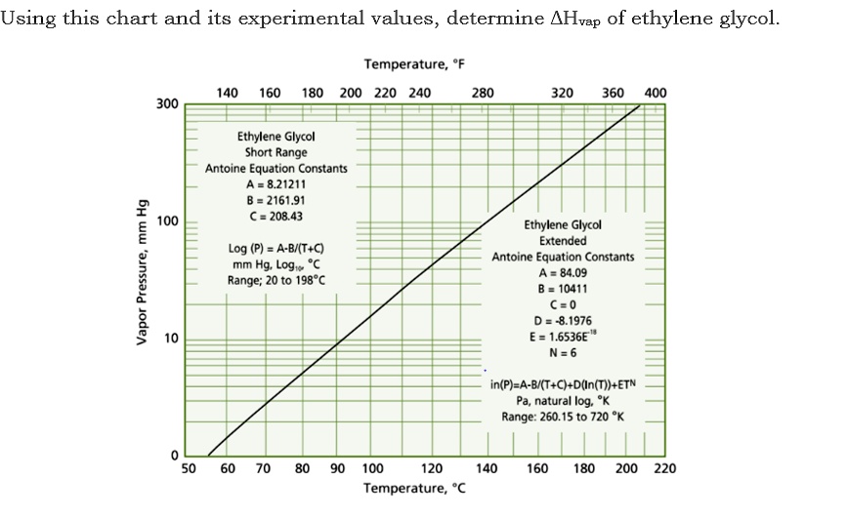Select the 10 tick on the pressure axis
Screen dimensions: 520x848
point(171,340)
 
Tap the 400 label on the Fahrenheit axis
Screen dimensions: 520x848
point(656,94)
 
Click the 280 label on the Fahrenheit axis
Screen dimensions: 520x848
point(483,94)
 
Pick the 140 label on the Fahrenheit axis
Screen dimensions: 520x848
point(227,94)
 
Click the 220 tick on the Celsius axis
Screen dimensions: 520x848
point(663,468)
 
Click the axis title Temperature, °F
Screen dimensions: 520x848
point(414,64)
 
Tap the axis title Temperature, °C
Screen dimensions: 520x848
point(414,487)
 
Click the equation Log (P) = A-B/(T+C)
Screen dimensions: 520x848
point(276,249)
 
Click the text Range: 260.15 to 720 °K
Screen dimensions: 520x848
point(563,417)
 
